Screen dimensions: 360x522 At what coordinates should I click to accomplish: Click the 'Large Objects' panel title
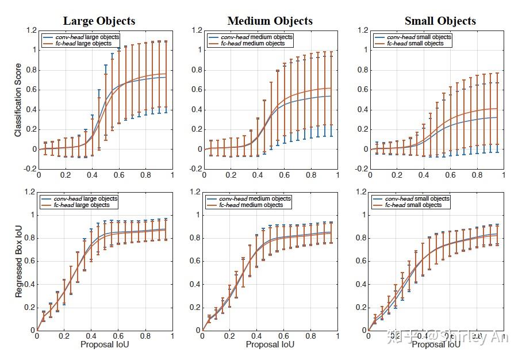[x=99, y=21]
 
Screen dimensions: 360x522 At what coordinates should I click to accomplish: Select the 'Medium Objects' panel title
[x=270, y=21]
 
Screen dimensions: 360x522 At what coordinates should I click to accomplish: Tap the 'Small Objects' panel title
[x=440, y=21]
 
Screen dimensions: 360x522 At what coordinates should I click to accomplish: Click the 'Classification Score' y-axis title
[x=18, y=99]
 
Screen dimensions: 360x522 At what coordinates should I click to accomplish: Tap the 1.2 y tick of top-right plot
[x=362, y=30]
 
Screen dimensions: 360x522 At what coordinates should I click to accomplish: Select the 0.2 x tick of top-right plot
[x=396, y=175]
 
